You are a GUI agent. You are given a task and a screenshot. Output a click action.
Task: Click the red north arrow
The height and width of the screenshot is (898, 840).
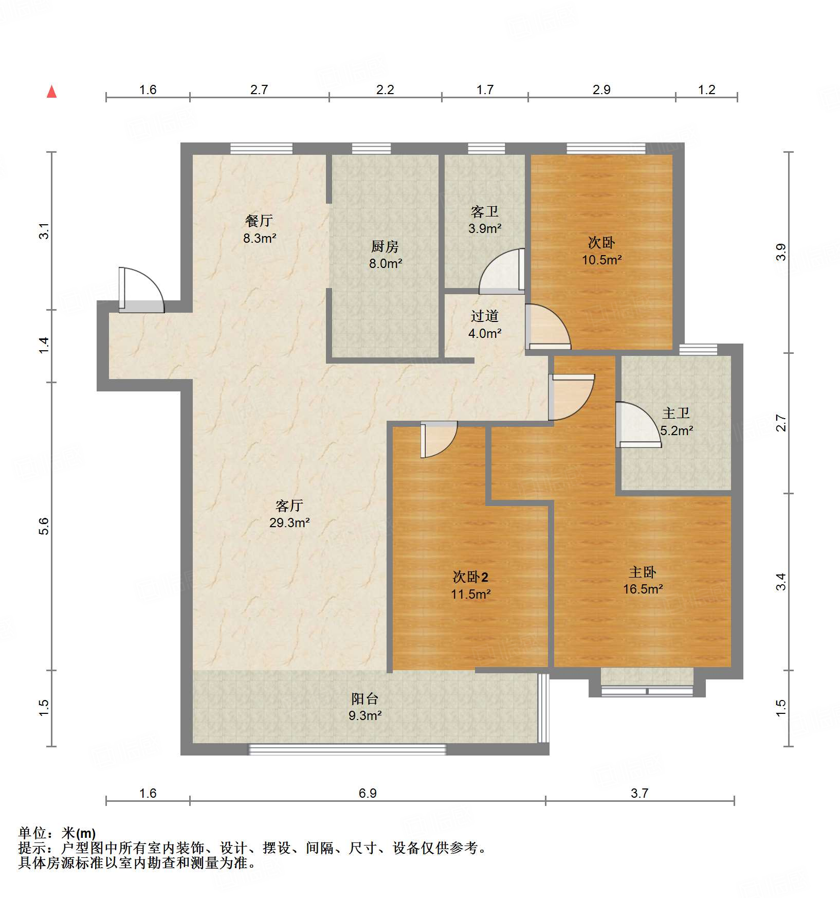[x=51, y=92]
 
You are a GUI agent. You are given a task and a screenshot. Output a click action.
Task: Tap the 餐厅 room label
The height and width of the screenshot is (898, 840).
[x=259, y=221]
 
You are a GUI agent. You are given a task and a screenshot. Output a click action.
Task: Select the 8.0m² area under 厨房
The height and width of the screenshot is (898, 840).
[x=385, y=264]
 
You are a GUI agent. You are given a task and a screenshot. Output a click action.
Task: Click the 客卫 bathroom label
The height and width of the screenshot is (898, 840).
[x=484, y=212]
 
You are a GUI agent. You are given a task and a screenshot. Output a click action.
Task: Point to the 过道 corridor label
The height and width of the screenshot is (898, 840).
[x=484, y=316]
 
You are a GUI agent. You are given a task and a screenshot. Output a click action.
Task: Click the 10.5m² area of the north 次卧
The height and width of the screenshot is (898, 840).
[x=601, y=260]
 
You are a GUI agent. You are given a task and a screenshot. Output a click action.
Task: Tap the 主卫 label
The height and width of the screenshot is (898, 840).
[x=675, y=414]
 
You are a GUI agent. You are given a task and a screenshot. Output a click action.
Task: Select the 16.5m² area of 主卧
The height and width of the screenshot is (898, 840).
[x=643, y=589]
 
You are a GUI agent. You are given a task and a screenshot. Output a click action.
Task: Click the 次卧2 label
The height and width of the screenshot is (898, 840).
[x=470, y=577]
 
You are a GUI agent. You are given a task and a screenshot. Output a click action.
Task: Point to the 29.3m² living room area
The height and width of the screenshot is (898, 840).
[x=289, y=523]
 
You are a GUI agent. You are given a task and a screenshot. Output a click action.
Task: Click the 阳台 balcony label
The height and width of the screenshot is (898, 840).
[x=364, y=698]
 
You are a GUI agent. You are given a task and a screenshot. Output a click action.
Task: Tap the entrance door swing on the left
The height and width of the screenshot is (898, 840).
[x=140, y=291]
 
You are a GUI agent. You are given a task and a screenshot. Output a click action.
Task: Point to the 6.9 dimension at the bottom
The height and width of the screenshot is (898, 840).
[x=368, y=793]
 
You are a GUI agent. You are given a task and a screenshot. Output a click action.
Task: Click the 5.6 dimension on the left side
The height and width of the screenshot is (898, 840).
[x=44, y=526]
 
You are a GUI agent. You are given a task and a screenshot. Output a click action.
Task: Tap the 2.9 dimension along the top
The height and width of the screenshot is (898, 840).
[x=601, y=90]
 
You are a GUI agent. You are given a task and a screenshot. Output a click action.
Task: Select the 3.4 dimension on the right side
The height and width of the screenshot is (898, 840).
[x=780, y=582]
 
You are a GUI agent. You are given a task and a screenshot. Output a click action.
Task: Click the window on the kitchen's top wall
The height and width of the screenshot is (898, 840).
[x=371, y=149]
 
